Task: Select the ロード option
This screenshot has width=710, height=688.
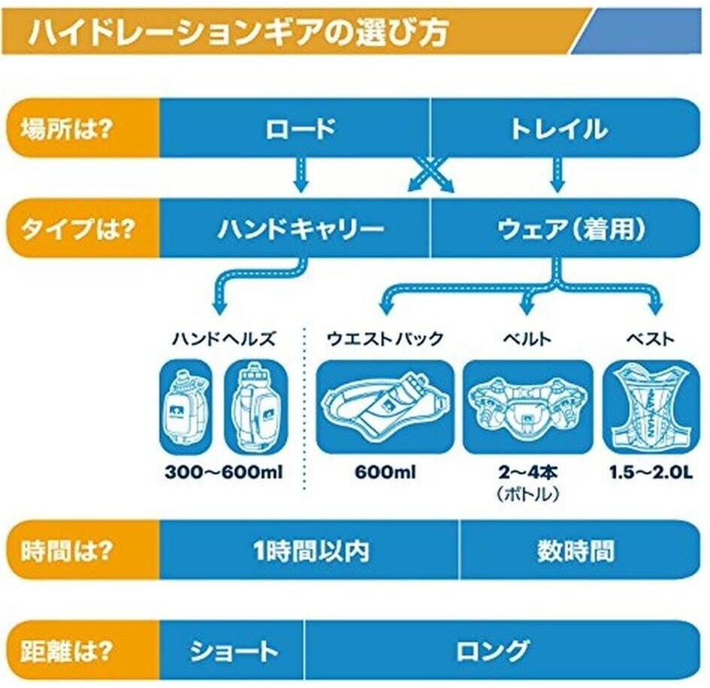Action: (300, 128)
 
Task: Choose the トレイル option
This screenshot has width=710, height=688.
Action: (558, 128)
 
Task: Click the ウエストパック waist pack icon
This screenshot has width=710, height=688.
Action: (385, 406)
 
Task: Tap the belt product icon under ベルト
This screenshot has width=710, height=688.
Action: (528, 406)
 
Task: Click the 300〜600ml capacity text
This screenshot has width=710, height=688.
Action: (223, 474)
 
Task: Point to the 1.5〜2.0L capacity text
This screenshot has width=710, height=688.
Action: (651, 474)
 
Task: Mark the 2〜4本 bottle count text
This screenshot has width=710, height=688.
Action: (528, 474)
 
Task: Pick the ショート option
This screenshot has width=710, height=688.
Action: (234, 650)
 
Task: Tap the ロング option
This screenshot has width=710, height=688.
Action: (493, 650)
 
